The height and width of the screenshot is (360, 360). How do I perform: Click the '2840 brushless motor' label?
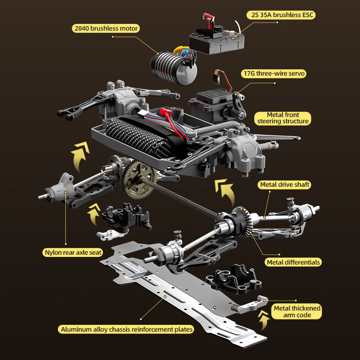106,28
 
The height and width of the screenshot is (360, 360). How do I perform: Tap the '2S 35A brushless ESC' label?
281,15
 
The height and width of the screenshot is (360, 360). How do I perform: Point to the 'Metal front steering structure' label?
283,118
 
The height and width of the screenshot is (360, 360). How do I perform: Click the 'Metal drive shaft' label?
285,184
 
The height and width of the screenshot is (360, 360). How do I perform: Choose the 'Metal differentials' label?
293,262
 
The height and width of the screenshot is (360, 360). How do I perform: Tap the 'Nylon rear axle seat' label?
73,252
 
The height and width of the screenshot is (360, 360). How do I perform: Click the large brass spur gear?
139,178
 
